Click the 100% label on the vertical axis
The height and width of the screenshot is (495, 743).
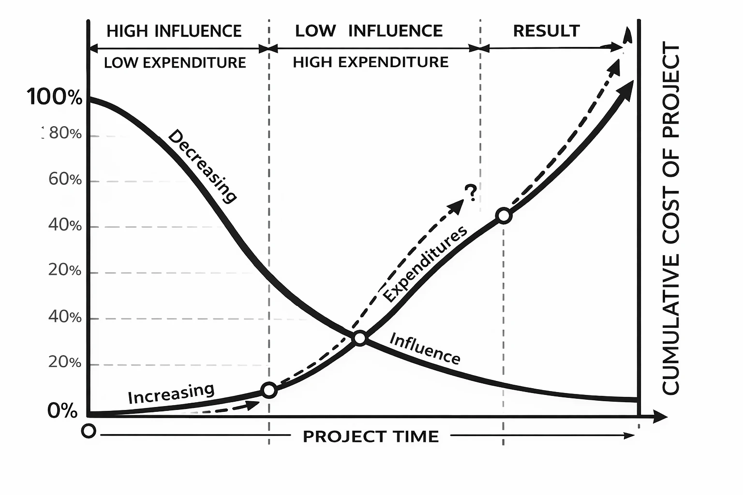tap(55, 97)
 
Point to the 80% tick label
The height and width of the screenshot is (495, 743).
tap(65, 133)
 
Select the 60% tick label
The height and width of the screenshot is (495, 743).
tap(65, 180)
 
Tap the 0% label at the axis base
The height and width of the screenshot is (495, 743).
tap(62, 411)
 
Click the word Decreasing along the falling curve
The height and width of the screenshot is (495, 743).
tap(202, 166)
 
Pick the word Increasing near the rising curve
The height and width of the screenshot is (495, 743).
tap(171, 393)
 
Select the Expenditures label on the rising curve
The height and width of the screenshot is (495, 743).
tap(425, 264)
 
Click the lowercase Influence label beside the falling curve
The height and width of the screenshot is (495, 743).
tap(425, 348)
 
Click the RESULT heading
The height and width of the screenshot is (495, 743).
tap(546, 31)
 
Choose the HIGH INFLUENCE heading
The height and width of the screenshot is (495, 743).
tap(174, 31)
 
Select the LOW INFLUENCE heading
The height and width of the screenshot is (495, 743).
tap(369, 31)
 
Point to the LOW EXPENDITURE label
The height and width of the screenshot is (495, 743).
tap(175, 62)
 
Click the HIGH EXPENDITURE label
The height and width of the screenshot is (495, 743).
tap(371, 62)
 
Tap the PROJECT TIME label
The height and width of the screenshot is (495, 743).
tap(371, 437)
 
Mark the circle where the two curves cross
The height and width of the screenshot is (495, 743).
tap(360, 338)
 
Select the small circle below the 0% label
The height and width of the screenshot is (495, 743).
tap(89, 431)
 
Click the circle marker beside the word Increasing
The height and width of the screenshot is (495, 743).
tap(269, 390)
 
